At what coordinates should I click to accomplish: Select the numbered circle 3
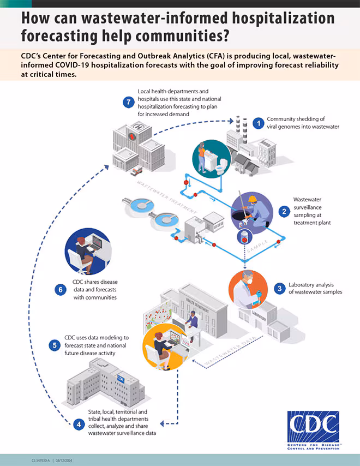(279, 288)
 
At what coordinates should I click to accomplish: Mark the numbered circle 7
(128, 101)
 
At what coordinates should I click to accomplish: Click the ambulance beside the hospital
(136, 170)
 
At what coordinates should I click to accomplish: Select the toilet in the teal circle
(219, 168)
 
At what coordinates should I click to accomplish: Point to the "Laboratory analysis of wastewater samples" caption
(315, 288)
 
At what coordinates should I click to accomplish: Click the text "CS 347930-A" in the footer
(41, 461)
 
